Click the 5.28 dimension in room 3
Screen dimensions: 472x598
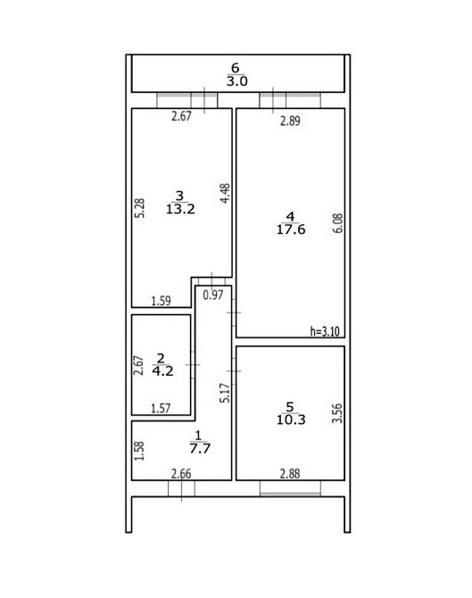141,208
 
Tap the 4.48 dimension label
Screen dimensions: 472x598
226,194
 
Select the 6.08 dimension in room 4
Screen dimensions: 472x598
338,223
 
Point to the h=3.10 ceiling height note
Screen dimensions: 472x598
325,331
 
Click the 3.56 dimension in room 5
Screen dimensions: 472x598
337,413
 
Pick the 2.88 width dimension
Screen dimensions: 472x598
290,474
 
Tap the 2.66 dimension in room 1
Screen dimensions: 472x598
181,474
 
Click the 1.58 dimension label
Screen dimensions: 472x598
140,451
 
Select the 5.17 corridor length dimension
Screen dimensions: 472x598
226,394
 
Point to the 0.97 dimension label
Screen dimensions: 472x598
212,295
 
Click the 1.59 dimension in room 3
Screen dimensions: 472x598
161,301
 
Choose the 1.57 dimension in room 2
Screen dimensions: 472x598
161,409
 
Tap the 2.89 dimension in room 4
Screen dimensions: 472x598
290,120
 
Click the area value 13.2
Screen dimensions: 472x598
180,209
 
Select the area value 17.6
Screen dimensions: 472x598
291,229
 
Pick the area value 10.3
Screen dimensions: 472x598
291,419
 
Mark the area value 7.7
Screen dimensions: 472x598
200,448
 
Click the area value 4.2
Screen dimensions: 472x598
162,371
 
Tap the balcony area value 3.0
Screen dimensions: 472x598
237,81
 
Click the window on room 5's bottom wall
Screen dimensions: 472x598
290,488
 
